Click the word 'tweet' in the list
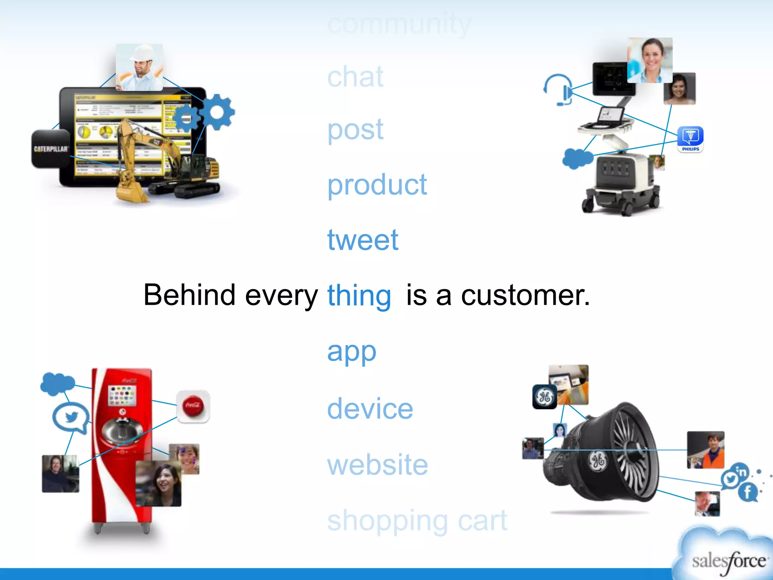pyautogui.click(x=362, y=240)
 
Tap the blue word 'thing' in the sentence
pyautogui.click(x=359, y=296)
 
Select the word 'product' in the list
pyautogui.click(x=377, y=185)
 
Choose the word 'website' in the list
pyautogui.click(x=377, y=465)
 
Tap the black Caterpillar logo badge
pyautogui.click(x=51, y=149)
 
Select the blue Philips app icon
pyautogui.click(x=690, y=139)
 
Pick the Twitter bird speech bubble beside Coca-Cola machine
pyautogui.click(x=71, y=417)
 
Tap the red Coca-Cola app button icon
pyautogui.click(x=193, y=406)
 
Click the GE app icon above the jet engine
pyautogui.click(x=545, y=397)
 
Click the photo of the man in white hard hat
pyautogui.click(x=139, y=67)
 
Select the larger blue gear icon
pyautogui.click(x=217, y=112)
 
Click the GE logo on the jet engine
pyautogui.click(x=597, y=461)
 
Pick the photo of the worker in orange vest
pyautogui.click(x=705, y=450)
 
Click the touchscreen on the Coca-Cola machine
pyautogui.click(x=122, y=395)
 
